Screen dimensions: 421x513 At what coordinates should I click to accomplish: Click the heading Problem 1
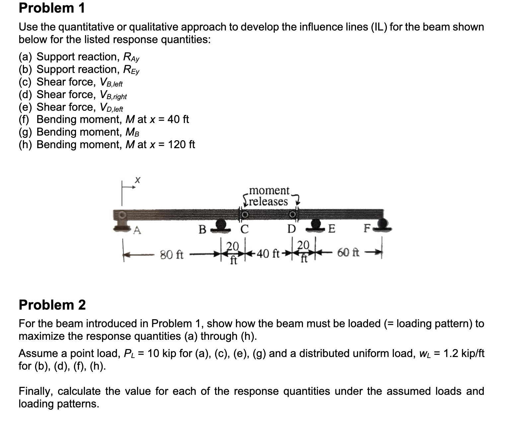[x=52, y=8]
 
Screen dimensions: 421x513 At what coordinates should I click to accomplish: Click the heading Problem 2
[x=52, y=304]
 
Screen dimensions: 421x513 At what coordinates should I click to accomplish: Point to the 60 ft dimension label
[x=348, y=253]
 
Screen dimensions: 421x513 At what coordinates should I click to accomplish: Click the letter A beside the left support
[x=137, y=230]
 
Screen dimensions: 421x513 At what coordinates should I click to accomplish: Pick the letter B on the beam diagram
[x=202, y=229]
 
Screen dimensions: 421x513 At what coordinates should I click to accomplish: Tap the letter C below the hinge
[x=245, y=229]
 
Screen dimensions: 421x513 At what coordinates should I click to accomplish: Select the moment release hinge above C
[x=244, y=215]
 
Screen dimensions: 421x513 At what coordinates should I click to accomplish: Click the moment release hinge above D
[x=292, y=214]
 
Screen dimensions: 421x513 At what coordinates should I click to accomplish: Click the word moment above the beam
[x=269, y=191]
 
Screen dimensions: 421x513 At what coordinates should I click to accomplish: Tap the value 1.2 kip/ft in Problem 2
[x=464, y=353]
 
